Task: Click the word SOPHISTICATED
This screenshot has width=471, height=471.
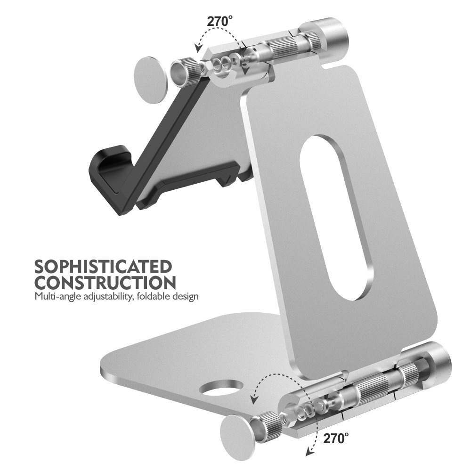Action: coord(103,267)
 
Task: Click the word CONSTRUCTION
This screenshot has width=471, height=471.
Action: coord(105,282)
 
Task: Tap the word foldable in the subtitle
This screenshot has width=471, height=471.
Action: coord(152,296)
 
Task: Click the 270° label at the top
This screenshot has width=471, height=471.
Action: coord(219,21)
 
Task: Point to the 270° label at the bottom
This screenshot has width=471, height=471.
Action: coord(336,438)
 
